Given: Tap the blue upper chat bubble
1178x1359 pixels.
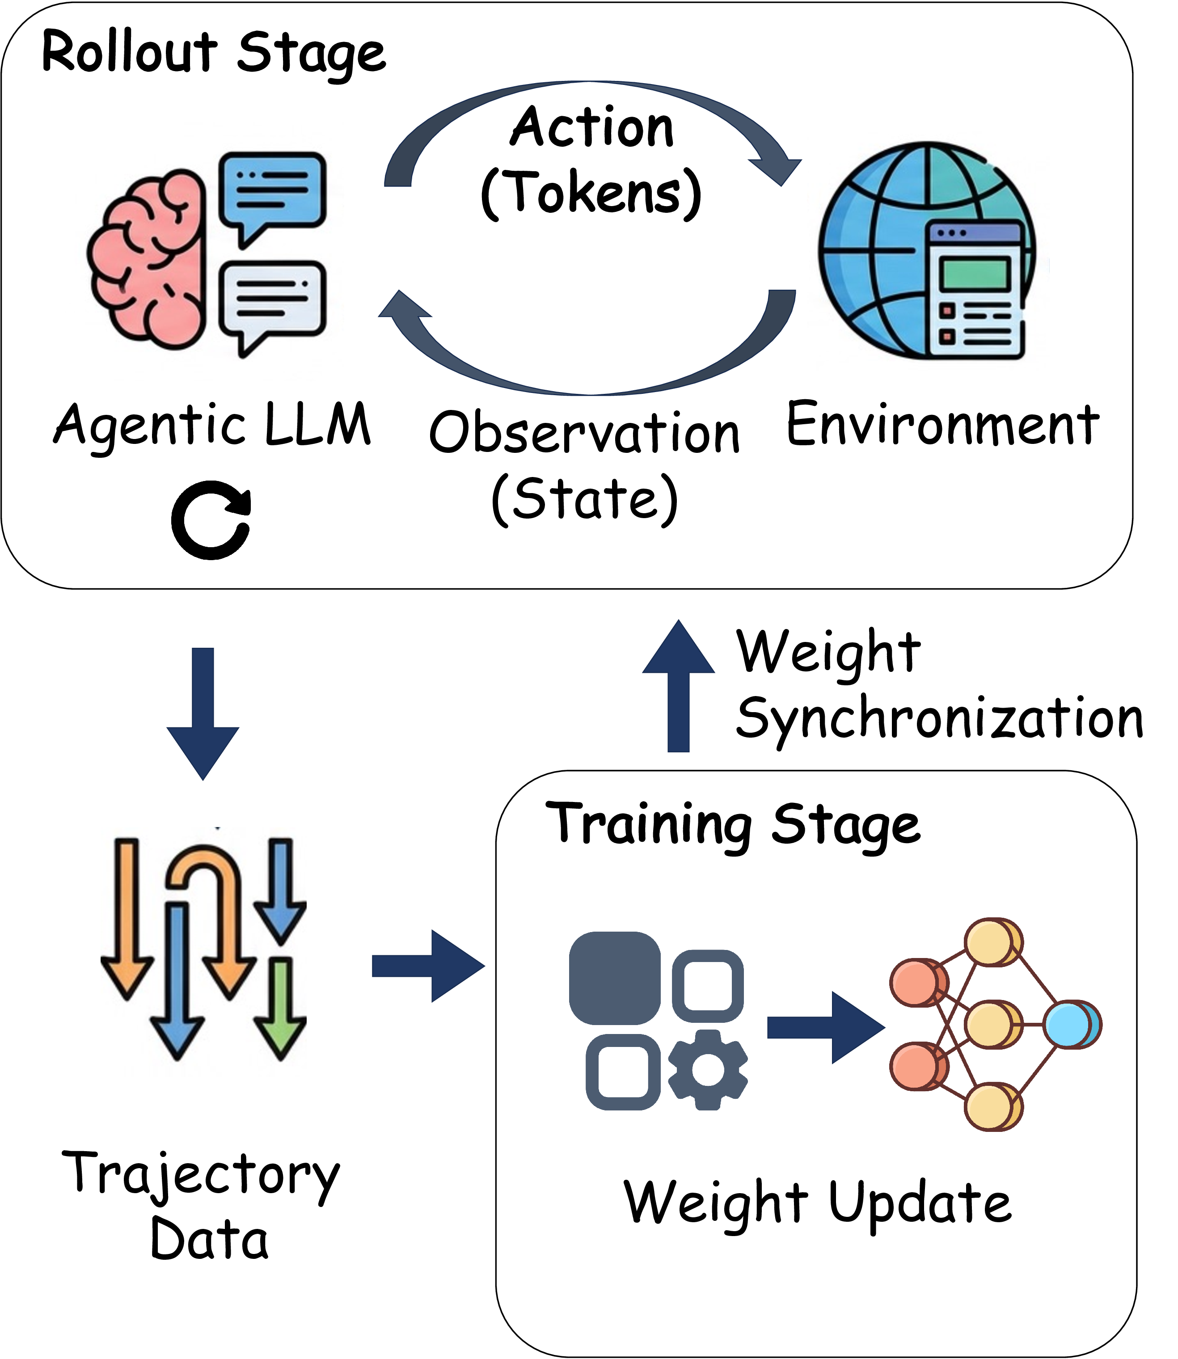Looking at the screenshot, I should [272, 190].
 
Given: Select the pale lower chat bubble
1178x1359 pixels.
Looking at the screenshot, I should [272, 299].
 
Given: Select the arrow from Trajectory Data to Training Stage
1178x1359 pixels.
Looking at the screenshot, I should [427, 966].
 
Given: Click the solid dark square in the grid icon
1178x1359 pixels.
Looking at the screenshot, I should [615, 978].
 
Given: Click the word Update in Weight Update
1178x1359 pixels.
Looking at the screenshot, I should [920, 1203].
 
